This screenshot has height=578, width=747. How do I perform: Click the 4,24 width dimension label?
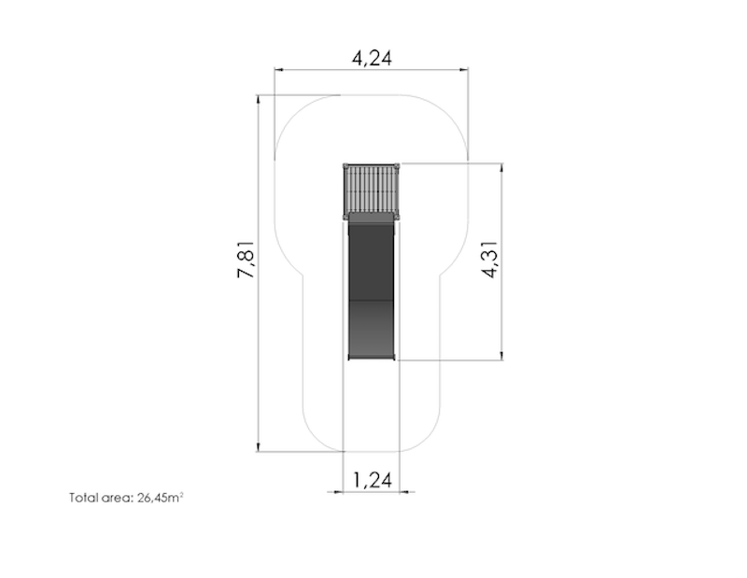pos(372,58)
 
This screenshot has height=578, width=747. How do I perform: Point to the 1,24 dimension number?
pos(372,480)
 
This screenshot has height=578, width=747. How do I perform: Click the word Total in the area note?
pos(82,498)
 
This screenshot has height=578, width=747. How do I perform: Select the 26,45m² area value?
pos(160,498)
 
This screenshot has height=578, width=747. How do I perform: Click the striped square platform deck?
pos(372,190)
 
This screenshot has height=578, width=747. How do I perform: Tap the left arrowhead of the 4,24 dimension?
pos(278,69)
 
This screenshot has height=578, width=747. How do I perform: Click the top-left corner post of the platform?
pos(345,165)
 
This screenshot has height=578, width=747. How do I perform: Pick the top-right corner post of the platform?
pos(399,165)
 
